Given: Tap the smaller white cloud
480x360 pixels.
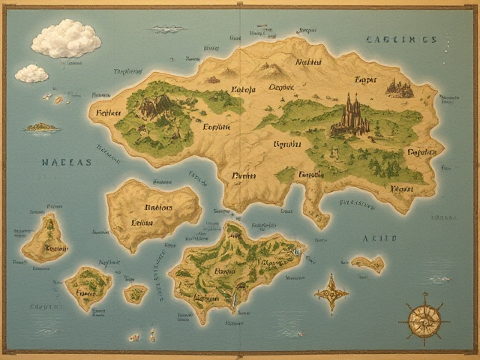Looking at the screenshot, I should coord(31,73).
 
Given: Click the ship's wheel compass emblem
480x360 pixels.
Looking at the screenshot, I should coord(424,319).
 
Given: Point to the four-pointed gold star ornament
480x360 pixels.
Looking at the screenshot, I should coord(330,292).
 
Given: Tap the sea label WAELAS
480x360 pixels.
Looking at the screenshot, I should coord(67,161).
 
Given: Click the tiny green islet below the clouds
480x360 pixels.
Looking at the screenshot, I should coord(42,127).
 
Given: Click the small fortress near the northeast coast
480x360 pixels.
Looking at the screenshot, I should coord(399,88).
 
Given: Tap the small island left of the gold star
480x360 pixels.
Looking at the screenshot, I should coord(367,263).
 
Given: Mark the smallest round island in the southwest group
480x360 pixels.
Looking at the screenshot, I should coord(136,292).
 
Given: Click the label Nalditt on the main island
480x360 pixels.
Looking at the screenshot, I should coord(308,63).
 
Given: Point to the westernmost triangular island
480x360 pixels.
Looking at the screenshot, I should coord(45,240).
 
